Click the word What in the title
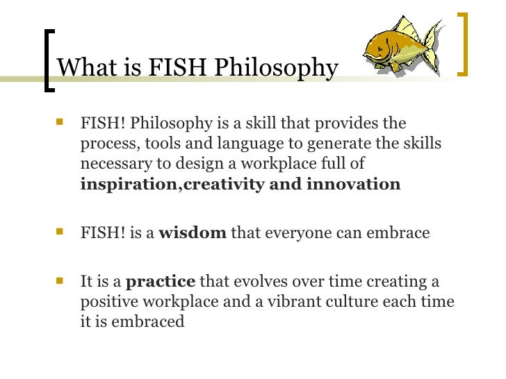tap(81, 67)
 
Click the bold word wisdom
tap(193, 233)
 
